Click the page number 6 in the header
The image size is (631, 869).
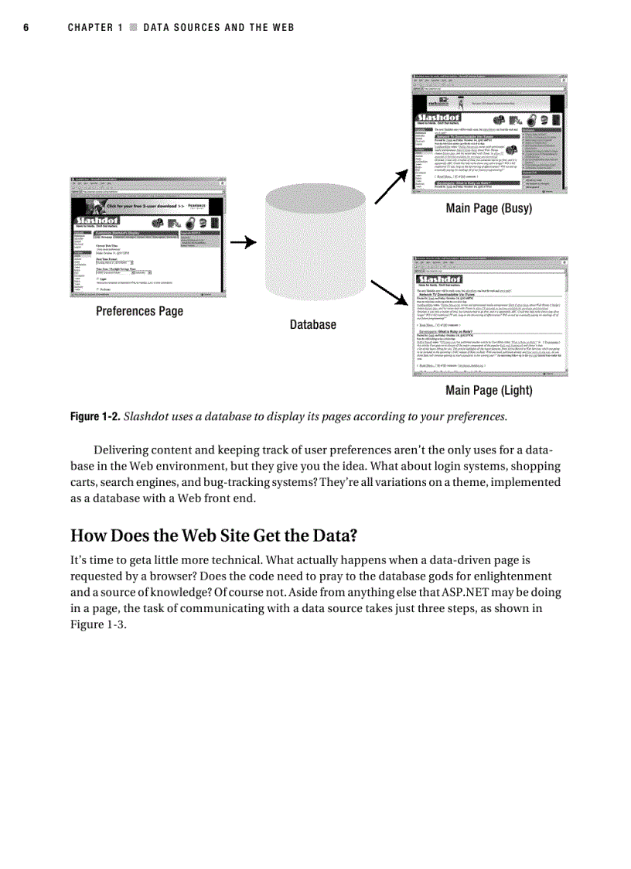(26, 28)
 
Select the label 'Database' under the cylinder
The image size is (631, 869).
(312, 325)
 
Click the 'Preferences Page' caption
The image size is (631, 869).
(139, 311)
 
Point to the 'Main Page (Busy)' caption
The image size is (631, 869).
(489, 209)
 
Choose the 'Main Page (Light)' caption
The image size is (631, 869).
(489, 391)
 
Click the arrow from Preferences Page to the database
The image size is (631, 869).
(244, 242)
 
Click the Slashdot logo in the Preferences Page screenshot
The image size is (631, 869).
(101, 221)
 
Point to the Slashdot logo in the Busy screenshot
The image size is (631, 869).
(438, 117)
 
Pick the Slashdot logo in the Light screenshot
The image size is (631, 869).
(438, 279)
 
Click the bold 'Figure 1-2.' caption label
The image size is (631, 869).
(95, 417)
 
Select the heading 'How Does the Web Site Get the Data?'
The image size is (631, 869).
(214, 535)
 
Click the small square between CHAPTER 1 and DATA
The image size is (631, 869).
(133, 28)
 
